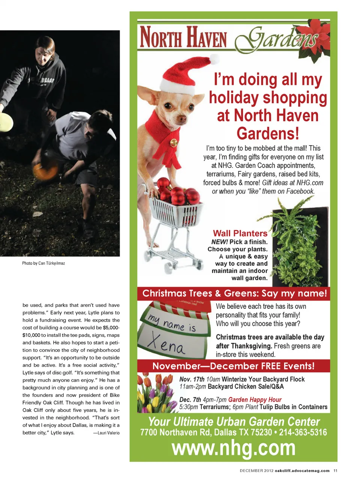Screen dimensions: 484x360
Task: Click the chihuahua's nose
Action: (x=183, y=119)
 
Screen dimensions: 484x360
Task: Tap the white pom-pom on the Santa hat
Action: (x=214, y=59)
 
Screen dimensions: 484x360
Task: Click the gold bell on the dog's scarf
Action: (x=174, y=143)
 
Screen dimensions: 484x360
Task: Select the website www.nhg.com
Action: (x=234, y=448)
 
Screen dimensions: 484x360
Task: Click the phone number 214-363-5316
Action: (x=303, y=433)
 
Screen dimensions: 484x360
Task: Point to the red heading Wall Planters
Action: (x=240, y=233)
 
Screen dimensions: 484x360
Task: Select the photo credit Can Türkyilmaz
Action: (x=51, y=263)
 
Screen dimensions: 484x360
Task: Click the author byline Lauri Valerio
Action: (x=108, y=433)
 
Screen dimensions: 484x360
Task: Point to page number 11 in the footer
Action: (x=335, y=471)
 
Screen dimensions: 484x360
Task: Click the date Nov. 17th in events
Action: (x=192, y=379)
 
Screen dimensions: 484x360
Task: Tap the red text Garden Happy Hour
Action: (x=255, y=400)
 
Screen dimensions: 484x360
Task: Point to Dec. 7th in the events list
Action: (x=190, y=400)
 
